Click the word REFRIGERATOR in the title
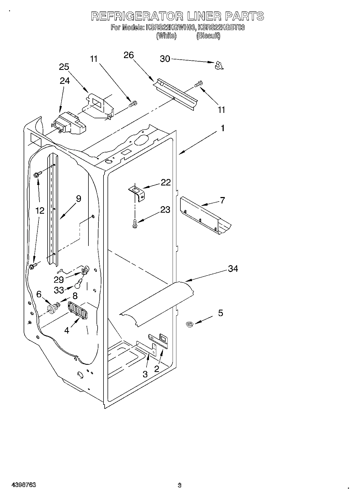[x=136, y=16]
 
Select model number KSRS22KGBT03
[x=221, y=27]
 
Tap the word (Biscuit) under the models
[x=208, y=36]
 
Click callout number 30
[x=165, y=59]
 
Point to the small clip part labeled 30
[x=219, y=65]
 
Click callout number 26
[x=129, y=55]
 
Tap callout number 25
[x=64, y=67]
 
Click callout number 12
[x=40, y=210]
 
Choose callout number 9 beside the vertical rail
[x=78, y=199]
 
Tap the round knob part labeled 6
[x=51, y=309]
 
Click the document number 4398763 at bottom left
[x=24, y=485]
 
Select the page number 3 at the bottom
[x=180, y=485]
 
